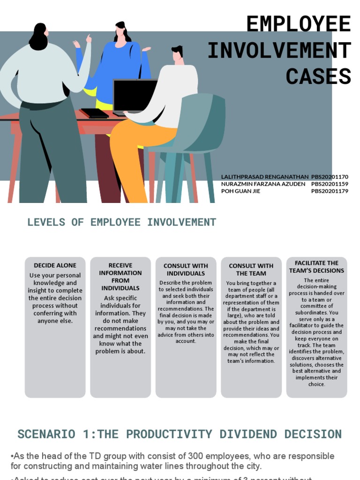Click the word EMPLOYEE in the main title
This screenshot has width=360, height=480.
[x=298, y=24]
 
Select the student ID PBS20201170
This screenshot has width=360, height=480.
[x=330, y=177]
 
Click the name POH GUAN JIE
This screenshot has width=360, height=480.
[x=240, y=191]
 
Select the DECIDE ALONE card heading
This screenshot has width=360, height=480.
[x=55, y=265]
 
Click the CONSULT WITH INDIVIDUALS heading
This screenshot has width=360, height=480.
[x=186, y=270]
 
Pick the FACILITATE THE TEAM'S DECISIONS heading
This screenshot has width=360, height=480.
[x=316, y=267]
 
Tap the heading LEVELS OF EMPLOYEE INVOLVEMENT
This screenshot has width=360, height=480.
[x=121, y=222]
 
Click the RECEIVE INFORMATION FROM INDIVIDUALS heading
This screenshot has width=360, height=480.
[x=120, y=277]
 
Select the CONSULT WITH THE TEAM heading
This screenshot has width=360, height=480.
[x=251, y=270]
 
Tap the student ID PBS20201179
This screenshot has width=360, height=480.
[x=330, y=191]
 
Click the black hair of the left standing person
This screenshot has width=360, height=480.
[x=38, y=37]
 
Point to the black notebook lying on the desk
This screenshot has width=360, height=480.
[x=94, y=113]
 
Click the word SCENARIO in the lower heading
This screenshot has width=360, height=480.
[x=46, y=434]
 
